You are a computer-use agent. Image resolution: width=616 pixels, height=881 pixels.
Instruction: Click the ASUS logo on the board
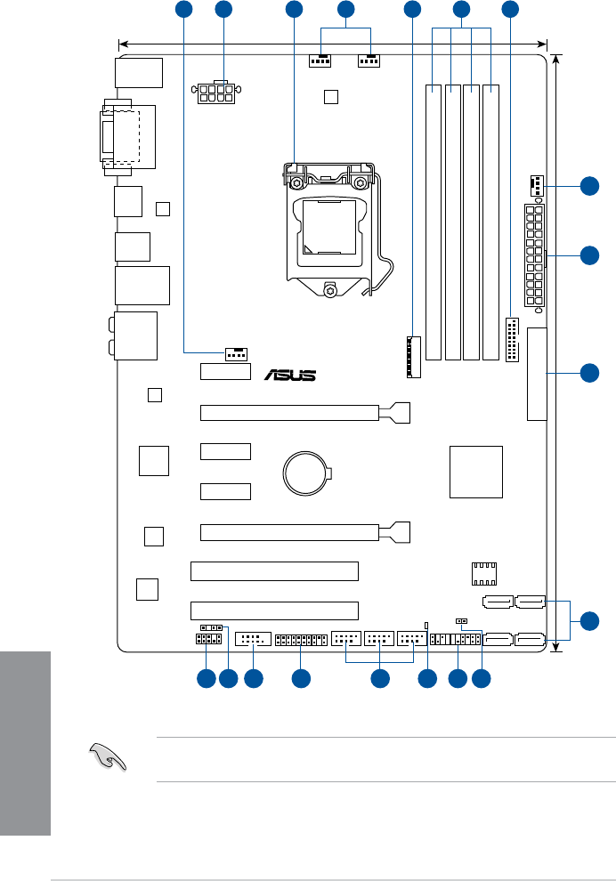[289, 374]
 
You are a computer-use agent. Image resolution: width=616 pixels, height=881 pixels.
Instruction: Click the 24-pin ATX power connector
[534, 255]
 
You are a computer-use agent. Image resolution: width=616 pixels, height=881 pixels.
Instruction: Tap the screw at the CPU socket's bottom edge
[330, 288]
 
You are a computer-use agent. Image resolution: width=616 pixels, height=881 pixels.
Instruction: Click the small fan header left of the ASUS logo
[235, 353]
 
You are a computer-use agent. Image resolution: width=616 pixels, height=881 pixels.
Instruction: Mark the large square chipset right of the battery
[475, 472]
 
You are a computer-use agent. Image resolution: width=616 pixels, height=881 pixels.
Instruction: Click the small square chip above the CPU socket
[330, 96]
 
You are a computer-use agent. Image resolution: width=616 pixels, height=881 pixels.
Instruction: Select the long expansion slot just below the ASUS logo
[303, 413]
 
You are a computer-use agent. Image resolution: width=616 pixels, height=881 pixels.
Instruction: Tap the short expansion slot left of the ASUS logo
[224, 371]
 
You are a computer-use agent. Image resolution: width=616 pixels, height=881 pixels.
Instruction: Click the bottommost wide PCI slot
[274, 610]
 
